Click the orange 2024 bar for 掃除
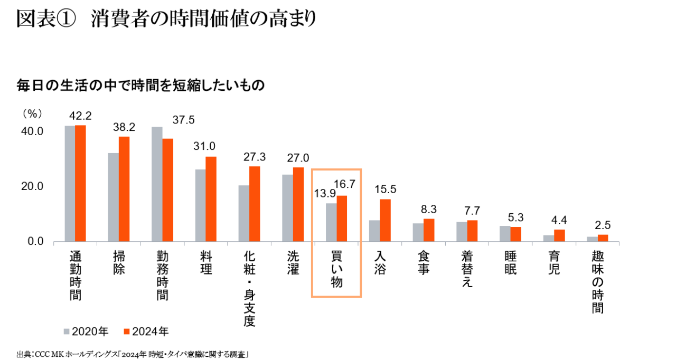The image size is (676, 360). point(124,189)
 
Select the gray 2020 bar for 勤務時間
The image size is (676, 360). point(157,184)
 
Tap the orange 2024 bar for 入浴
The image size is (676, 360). point(386,220)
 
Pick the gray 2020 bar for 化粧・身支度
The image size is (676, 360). point(244,213)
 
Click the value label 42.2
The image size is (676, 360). point(80,116)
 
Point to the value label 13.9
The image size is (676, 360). point(325,194)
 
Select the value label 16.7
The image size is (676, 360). point(345,185)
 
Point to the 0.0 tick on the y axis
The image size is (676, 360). point(34,242)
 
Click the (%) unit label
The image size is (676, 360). point(32,113)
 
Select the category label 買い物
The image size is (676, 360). point(336,269)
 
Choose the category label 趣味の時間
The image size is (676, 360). point(598,282)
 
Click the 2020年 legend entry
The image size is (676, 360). point(86,331)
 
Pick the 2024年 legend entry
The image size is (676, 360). point(146,331)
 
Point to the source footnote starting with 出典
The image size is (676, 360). point(133,354)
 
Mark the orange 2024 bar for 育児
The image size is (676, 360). point(559,235)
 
